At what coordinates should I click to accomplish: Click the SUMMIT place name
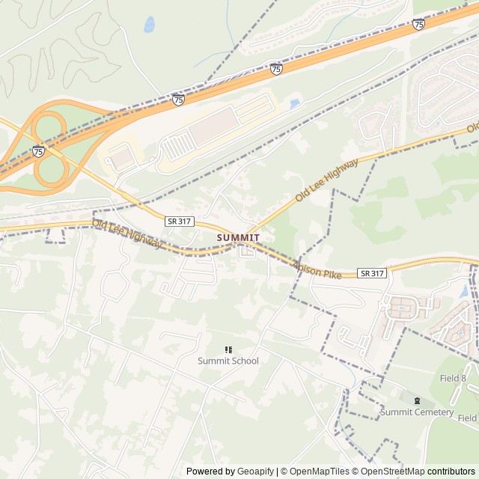click(238, 237)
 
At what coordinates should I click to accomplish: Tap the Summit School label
click(228, 361)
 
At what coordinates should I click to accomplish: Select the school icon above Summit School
click(228, 350)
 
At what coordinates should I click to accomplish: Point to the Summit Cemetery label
click(417, 412)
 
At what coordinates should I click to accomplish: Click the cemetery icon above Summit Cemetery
click(417, 400)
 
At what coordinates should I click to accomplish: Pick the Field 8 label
click(453, 379)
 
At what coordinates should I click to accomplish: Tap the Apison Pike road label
click(318, 270)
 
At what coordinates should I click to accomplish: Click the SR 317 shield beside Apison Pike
click(372, 273)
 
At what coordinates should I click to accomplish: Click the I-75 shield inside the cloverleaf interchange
click(38, 150)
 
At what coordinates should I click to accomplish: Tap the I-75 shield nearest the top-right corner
click(418, 24)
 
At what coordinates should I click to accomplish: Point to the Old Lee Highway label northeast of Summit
click(327, 180)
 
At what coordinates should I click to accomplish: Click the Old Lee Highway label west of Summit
click(127, 234)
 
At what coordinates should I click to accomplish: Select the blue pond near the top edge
click(149, 24)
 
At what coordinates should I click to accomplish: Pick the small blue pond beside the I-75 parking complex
click(294, 103)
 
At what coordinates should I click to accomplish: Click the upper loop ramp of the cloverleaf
click(48, 126)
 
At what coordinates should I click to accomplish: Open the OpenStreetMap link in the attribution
click(389, 472)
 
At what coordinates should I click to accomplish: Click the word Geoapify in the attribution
click(256, 472)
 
